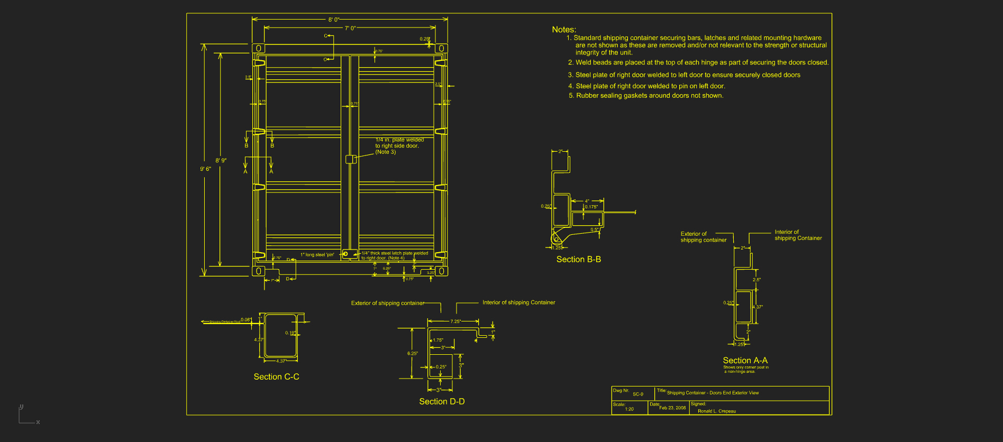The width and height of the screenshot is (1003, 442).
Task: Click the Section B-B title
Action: click(578, 260)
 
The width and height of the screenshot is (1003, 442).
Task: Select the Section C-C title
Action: click(276, 377)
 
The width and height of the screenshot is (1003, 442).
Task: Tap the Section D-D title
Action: click(442, 402)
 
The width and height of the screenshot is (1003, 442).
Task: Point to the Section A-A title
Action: click(745, 361)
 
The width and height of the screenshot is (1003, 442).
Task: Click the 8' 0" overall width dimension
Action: click(334, 20)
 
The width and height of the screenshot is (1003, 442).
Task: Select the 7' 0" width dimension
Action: click(350, 29)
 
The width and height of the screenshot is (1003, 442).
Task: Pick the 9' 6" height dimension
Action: click(205, 169)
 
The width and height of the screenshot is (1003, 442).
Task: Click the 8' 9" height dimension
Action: click(221, 160)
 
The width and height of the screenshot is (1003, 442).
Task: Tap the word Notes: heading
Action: click(564, 30)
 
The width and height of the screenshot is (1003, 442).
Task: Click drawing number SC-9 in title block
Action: click(638, 394)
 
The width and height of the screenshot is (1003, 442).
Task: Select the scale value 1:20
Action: click(629, 409)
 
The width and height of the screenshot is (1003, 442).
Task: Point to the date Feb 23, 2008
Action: click(672, 408)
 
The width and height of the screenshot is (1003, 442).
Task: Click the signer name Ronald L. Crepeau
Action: click(716, 411)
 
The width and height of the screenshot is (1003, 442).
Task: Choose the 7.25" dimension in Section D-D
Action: click(455, 321)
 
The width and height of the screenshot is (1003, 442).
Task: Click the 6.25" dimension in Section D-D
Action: click(413, 354)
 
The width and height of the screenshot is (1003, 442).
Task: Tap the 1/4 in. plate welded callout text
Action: click(399, 146)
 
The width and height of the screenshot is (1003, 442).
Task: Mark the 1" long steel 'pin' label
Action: click(317, 255)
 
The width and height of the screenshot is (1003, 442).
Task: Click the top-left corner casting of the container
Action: click(258, 49)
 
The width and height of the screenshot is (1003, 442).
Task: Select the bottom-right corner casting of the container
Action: click(441, 271)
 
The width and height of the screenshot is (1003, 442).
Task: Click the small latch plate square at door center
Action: click(350, 159)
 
